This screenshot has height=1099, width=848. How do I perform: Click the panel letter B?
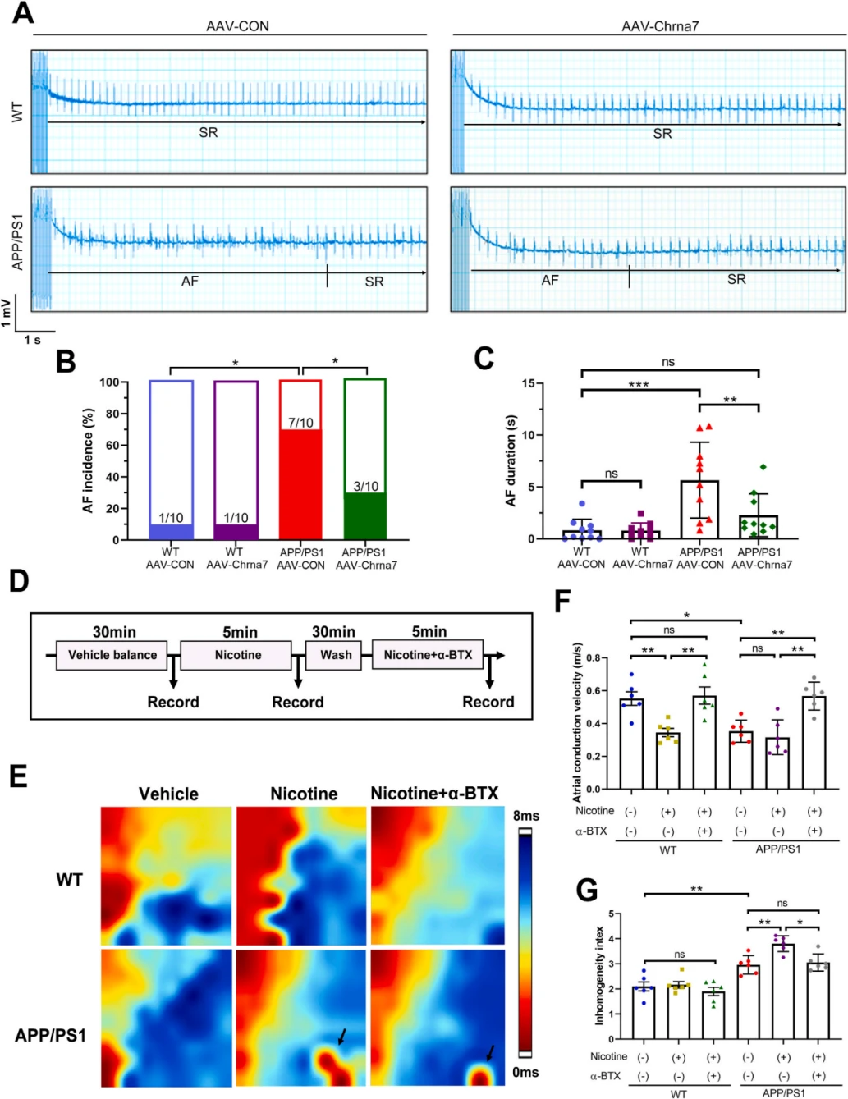click(65, 362)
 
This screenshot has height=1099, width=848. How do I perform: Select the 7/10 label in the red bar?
click(300, 423)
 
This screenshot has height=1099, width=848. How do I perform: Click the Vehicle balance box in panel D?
click(112, 655)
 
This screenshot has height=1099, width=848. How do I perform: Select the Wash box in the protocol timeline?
click(335, 655)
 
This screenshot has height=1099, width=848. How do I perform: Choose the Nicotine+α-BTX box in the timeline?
click(428, 655)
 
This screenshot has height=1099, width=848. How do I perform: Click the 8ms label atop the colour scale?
click(525, 816)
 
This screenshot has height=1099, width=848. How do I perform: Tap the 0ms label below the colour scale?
click(525, 1072)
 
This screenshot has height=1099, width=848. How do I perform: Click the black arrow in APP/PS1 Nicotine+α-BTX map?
click(490, 1053)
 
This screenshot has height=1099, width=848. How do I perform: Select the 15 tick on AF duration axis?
click(528, 383)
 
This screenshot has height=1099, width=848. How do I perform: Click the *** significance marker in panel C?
click(639, 384)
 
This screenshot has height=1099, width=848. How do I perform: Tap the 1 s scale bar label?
click(32, 340)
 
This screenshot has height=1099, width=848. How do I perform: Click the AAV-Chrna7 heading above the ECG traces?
click(660, 26)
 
